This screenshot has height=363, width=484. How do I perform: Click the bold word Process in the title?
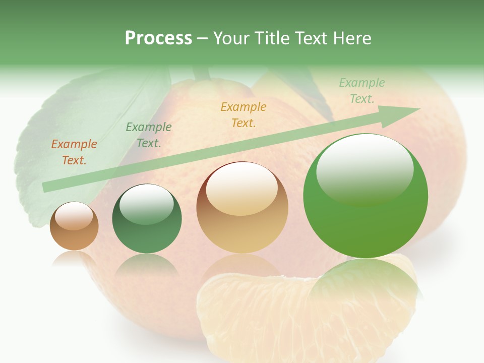[158, 38]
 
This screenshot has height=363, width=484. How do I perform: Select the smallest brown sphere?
[74, 226]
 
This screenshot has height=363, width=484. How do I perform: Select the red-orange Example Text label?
[74, 152]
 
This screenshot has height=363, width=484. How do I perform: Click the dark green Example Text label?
[148, 135]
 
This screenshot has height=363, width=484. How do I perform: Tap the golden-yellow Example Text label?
[243, 114]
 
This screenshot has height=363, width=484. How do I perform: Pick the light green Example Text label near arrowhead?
[361, 91]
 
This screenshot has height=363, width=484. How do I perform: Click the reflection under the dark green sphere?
[147, 264]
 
